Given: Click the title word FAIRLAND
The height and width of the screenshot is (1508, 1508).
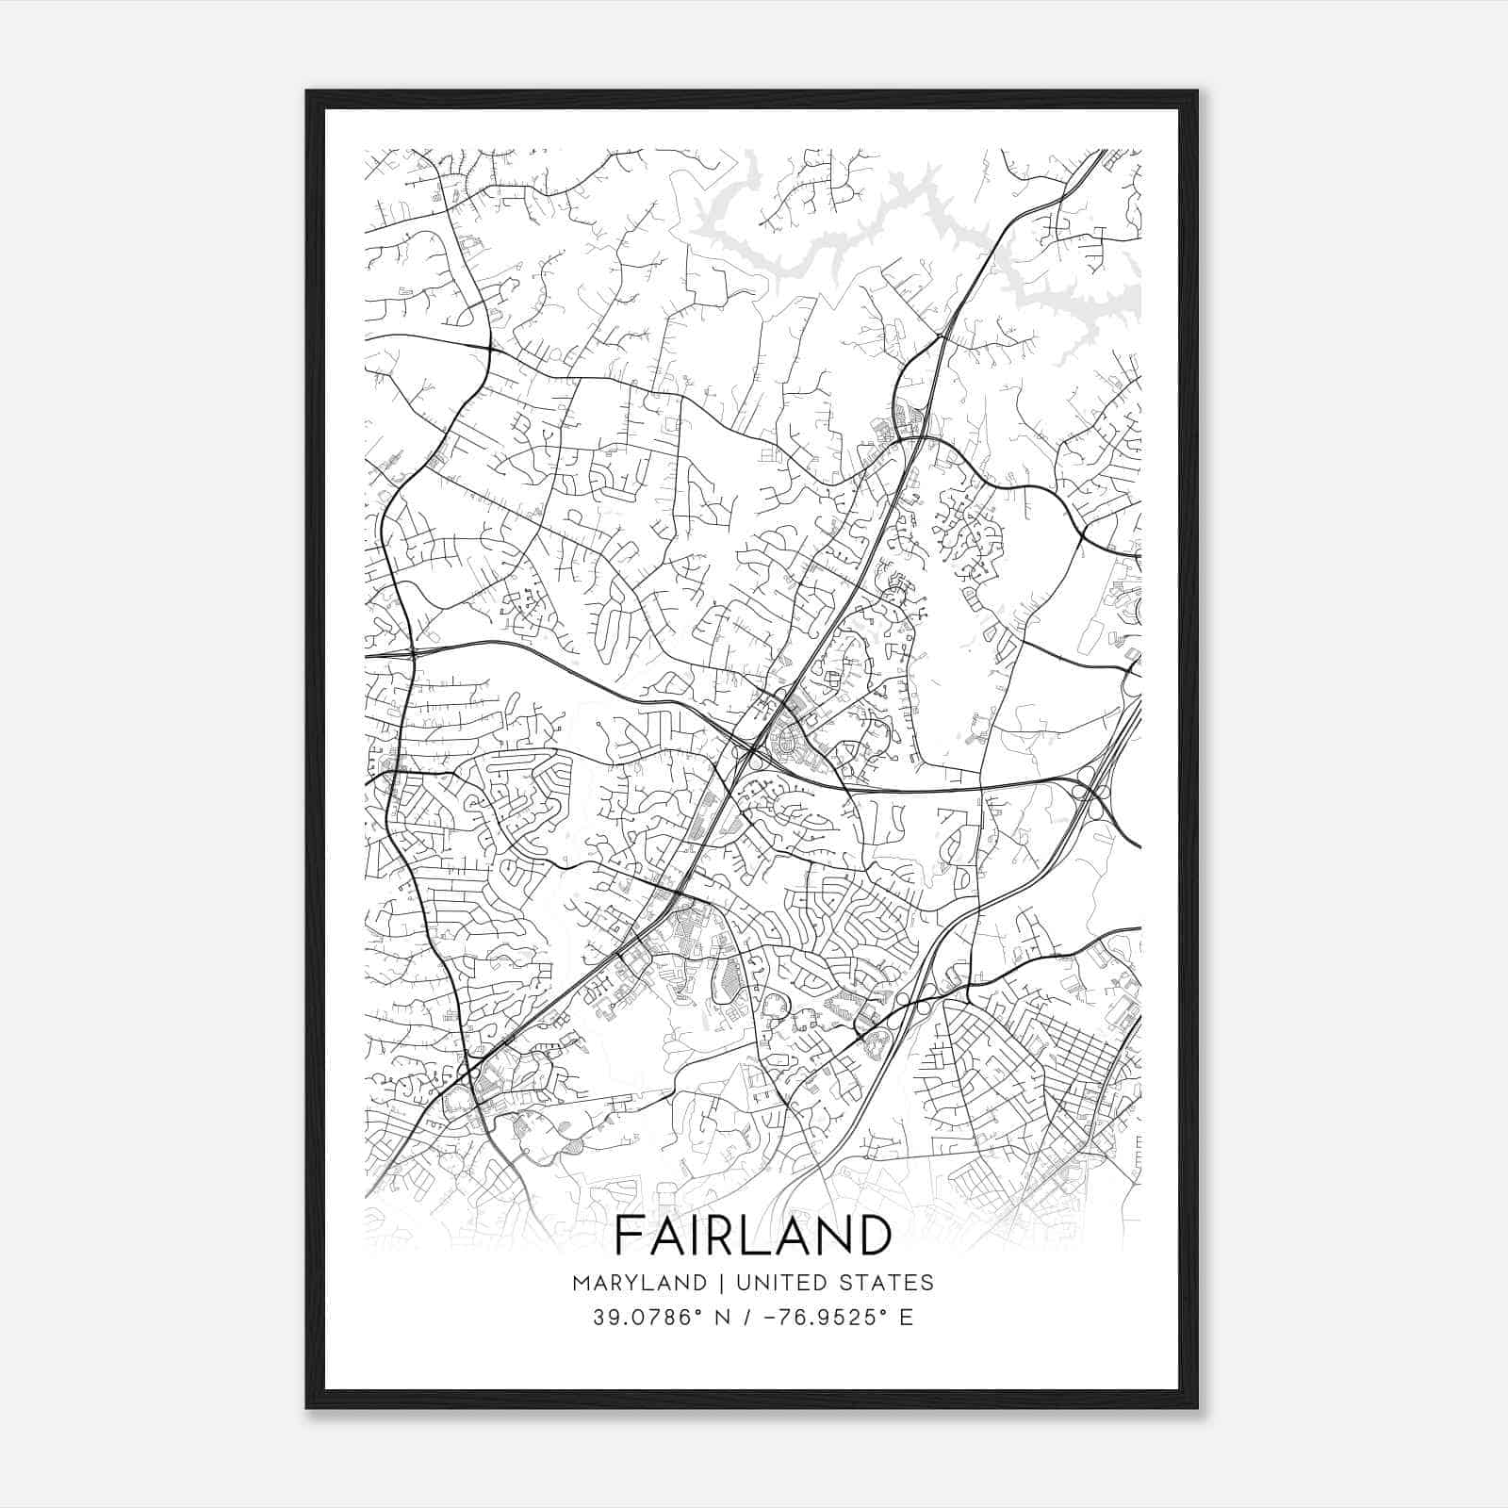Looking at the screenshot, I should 753,1235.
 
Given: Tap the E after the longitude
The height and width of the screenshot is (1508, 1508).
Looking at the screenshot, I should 906,1318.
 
